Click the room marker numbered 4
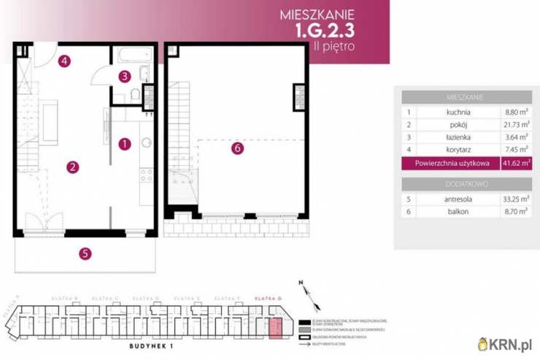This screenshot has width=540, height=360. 65,61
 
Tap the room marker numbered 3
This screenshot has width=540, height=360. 125,75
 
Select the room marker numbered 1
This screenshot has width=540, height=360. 125,144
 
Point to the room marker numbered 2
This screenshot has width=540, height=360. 72,167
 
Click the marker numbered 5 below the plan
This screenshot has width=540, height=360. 85,254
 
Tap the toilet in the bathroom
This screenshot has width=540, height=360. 136,97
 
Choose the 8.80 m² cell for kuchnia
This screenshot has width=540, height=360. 517,112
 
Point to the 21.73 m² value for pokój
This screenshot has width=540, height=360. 515,125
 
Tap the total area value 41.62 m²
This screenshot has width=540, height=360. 516,163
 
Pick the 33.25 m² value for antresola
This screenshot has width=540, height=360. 515,198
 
